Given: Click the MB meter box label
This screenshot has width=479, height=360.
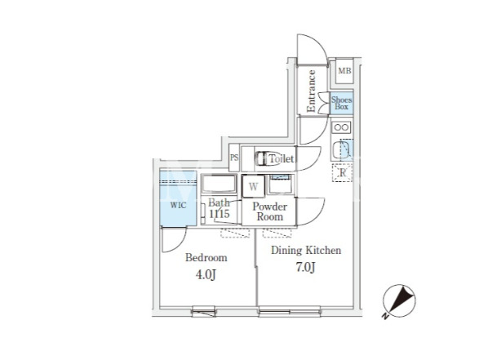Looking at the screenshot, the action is [x=344, y=71].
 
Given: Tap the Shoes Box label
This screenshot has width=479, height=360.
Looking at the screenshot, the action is [x=342, y=104].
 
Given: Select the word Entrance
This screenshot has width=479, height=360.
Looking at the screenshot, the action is [x=311, y=91].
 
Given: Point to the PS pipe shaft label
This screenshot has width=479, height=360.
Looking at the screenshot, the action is [x=234, y=158].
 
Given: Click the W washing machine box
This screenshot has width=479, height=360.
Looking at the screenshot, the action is [x=253, y=186].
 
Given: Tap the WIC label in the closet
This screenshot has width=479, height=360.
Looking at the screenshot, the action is [x=178, y=205].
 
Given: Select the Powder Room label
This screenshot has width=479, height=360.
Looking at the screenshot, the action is [x=270, y=211].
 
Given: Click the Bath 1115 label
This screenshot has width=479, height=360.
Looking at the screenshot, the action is [x=219, y=208].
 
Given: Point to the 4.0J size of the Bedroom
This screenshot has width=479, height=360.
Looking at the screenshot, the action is [x=206, y=275].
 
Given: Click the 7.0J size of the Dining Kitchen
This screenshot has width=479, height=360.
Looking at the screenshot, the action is [x=305, y=268].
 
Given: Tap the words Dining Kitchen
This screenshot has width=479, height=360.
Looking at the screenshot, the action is [x=306, y=251].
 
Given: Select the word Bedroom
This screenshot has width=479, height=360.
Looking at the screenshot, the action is [x=206, y=258].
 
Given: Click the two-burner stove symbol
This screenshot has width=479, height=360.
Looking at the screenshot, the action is [x=341, y=127].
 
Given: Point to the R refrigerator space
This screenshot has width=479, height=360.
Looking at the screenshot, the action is [x=343, y=173].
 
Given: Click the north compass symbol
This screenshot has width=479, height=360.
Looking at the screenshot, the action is [x=399, y=301].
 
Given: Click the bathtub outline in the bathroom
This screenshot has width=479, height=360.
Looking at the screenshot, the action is [x=219, y=184].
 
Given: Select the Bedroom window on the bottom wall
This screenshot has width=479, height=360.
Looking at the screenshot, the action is [x=204, y=312].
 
